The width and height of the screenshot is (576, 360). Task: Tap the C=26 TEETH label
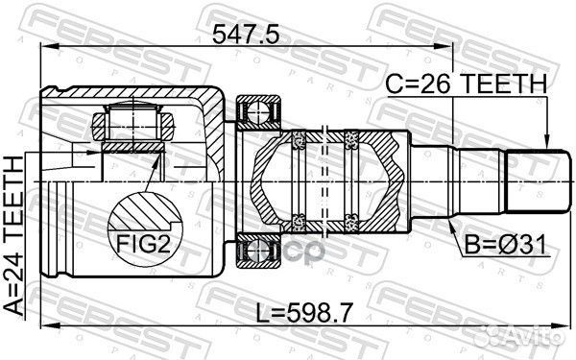[465, 84]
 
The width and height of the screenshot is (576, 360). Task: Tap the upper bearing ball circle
[258, 113]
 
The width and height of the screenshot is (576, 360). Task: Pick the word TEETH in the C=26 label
[500, 84]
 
